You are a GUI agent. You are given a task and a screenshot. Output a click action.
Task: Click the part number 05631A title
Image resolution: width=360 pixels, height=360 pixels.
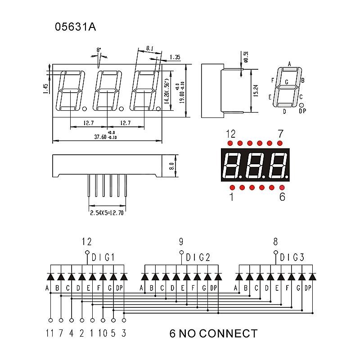click(75, 27)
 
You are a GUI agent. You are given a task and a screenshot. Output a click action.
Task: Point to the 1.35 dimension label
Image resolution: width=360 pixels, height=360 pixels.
click(175, 57)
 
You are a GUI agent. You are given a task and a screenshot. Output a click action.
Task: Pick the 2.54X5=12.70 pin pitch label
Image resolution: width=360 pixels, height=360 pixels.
click(107, 213)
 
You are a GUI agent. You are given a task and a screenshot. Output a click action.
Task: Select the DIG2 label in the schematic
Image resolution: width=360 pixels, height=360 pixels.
click(198, 257)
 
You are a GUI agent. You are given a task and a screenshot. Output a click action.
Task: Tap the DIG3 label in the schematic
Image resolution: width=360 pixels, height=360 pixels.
click(292, 257)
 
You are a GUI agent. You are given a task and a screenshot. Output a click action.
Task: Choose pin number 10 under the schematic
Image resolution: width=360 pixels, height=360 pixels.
click(103, 333)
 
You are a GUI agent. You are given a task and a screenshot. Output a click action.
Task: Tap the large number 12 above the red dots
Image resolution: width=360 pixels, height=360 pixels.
click(230, 134)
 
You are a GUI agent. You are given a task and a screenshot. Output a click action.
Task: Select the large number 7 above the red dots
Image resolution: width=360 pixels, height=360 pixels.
click(281, 134)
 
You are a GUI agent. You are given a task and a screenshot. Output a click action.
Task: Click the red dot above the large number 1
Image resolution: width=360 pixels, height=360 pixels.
click(232, 187)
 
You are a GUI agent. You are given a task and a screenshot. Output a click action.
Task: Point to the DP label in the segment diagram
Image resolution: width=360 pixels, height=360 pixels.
click(302, 111)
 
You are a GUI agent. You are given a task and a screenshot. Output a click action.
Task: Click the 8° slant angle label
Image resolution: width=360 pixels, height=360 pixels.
click(99, 49)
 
